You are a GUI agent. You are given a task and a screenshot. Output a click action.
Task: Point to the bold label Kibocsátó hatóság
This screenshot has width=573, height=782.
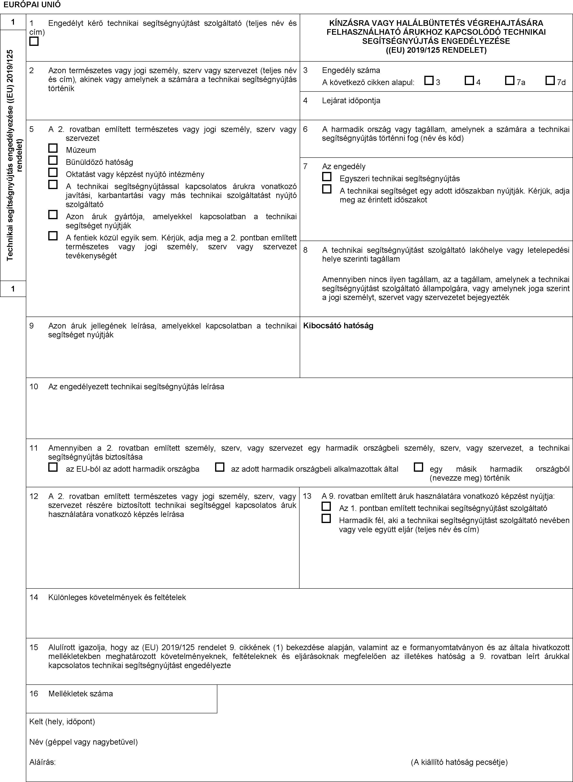[x=338, y=326]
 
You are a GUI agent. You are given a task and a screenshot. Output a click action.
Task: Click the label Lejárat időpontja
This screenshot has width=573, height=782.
[x=351, y=101]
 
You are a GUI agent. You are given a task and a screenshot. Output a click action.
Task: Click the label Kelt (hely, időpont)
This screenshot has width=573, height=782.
[x=62, y=722]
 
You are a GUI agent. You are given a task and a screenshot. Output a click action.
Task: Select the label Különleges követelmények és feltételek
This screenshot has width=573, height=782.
[x=117, y=597]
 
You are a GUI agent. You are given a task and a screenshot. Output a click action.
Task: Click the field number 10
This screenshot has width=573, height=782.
[x=34, y=386]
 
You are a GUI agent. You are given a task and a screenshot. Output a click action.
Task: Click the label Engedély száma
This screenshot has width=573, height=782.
[x=351, y=71]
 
